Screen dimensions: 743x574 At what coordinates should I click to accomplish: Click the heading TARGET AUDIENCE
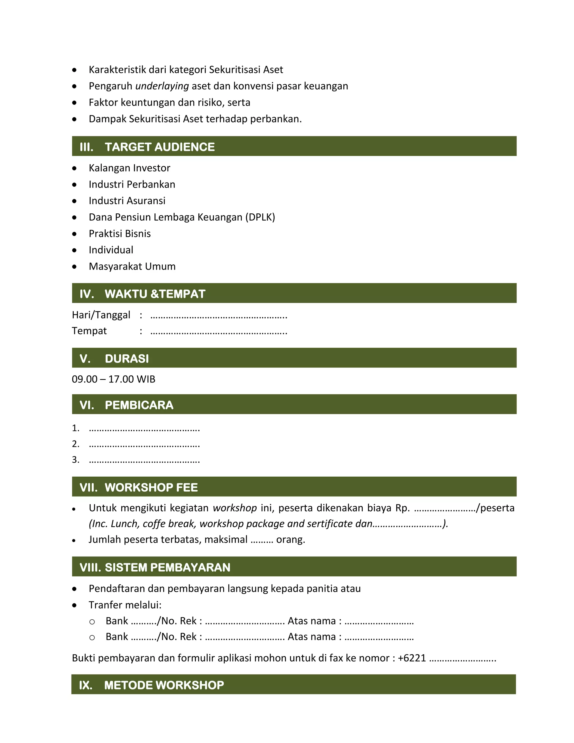click(159, 147)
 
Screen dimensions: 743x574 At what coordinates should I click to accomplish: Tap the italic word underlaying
click(162, 86)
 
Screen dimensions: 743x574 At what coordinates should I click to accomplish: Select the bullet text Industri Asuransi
click(127, 201)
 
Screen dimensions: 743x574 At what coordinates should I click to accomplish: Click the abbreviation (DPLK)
click(260, 217)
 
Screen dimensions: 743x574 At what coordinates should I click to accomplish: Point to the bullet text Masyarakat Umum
click(132, 266)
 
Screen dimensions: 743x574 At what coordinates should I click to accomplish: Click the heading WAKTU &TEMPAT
click(155, 294)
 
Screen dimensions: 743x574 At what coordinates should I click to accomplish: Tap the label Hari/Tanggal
click(101, 315)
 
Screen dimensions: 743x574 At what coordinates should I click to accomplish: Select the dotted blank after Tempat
click(219, 331)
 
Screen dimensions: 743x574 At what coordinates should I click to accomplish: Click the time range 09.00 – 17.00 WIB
click(114, 379)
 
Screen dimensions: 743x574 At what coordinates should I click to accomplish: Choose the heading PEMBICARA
click(139, 405)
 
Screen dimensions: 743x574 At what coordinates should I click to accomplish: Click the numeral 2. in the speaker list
click(75, 444)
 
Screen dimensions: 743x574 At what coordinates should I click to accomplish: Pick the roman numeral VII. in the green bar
click(88, 487)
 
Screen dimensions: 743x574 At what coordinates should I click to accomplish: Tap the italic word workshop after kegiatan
click(235, 508)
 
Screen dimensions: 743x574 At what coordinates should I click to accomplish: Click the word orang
click(290, 539)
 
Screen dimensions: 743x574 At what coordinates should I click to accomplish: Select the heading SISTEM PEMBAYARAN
click(167, 567)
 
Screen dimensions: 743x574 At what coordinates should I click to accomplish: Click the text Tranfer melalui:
click(125, 605)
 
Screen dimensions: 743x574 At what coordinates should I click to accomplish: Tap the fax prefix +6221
click(411, 658)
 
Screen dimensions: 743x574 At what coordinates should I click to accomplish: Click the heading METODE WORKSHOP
click(164, 685)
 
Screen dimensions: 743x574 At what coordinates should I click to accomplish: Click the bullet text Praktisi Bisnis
click(120, 234)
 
